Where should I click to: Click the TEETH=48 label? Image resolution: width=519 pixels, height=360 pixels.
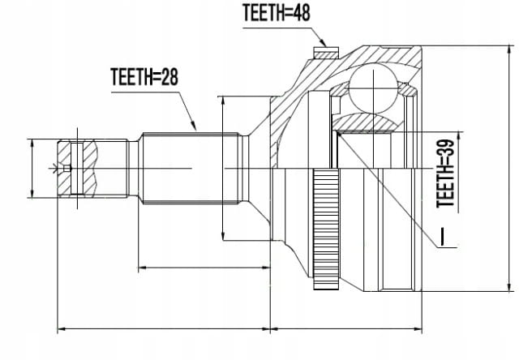pyautogui.click(x=277, y=13)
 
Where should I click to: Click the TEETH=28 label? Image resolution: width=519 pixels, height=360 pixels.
pyautogui.click(x=144, y=77)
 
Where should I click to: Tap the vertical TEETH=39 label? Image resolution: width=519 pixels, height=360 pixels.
pyautogui.click(x=445, y=174)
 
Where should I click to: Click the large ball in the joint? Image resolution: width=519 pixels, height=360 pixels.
pyautogui.click(x=373, y=88)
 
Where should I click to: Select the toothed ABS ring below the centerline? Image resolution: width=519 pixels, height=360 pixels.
pyautogui.click(x=326, y=229)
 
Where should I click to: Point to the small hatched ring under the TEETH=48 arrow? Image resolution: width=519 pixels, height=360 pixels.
pyautogui.click(x=326, y=53)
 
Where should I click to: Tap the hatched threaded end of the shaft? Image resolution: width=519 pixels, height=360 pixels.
pyautogui.click(x=78, y=169)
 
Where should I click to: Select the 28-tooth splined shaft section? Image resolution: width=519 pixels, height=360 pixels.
pyautogui.click(x=191, y=168)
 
